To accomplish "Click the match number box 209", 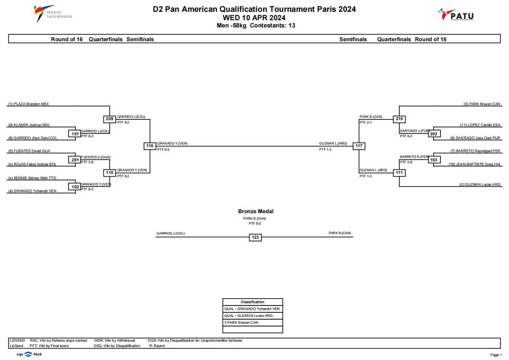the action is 109,119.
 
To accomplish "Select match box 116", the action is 150,146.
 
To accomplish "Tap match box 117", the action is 359,146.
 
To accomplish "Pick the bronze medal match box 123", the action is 255,238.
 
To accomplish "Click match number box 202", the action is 434,134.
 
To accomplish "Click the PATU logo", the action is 456,15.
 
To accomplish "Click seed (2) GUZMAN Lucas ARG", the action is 480,185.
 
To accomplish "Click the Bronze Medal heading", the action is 256,211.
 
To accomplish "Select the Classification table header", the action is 253,302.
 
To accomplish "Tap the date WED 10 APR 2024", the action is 254,18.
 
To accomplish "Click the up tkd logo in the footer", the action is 29,354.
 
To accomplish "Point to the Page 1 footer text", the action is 496,355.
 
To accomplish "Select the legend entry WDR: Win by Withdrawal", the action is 114,341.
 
